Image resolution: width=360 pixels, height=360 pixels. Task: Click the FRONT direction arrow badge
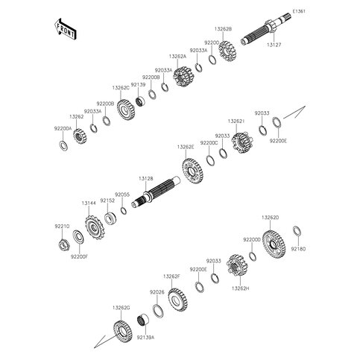tap(65, 29)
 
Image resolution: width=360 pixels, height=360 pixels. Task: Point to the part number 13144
tap(89, 202)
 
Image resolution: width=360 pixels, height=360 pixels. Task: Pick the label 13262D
tap(270, 217)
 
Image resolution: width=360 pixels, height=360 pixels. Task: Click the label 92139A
tap(146, 337)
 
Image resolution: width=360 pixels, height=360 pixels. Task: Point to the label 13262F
tap(172, 276)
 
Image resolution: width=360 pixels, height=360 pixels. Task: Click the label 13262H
tap(240, 288)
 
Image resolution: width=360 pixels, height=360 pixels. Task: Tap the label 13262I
tap(236, 119)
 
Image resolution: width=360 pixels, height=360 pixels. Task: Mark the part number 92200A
tap(63, 129)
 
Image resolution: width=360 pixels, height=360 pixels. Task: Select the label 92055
tap(122, 193)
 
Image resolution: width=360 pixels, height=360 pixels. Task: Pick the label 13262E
tap(186, 147)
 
